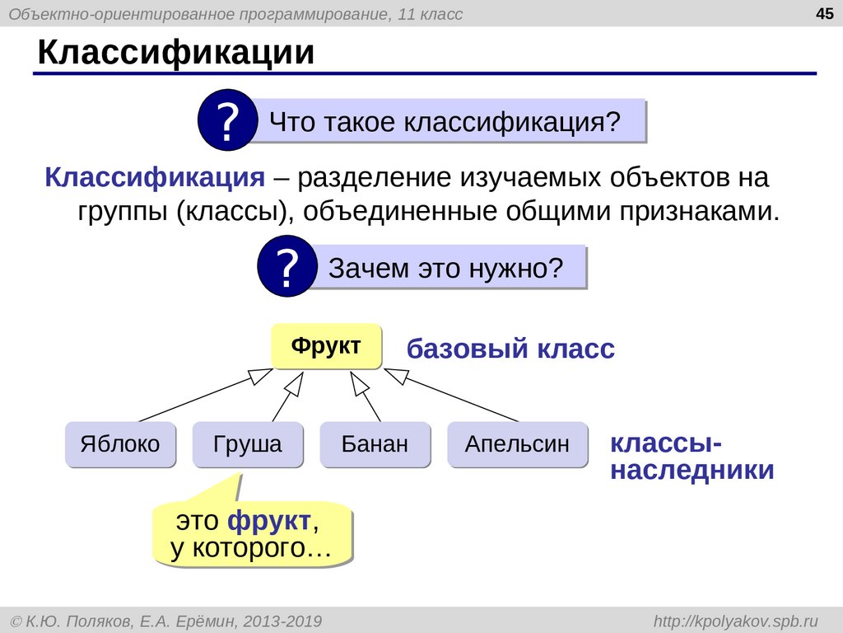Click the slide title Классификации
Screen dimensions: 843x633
176,53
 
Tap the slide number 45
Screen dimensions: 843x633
824,13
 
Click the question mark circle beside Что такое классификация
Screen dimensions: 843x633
227,120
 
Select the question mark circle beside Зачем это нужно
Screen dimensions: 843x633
287,266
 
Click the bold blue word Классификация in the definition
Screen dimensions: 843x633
155,177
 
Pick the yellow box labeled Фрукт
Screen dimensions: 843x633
326,346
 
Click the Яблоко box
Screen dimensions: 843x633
120,444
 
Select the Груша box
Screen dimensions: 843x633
248,444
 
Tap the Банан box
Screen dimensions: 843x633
375,444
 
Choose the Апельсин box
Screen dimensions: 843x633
518,444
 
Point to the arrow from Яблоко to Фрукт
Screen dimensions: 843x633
206,395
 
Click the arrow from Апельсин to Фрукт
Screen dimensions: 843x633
451,395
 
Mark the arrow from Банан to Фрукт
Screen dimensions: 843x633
366,396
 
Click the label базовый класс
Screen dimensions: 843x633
510,349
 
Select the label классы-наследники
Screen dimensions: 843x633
692,457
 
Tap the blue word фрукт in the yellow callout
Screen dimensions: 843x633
269,521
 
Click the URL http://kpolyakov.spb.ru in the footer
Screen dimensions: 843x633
736,621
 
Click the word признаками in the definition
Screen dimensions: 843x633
699,212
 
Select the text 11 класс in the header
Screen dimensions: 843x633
430,13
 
